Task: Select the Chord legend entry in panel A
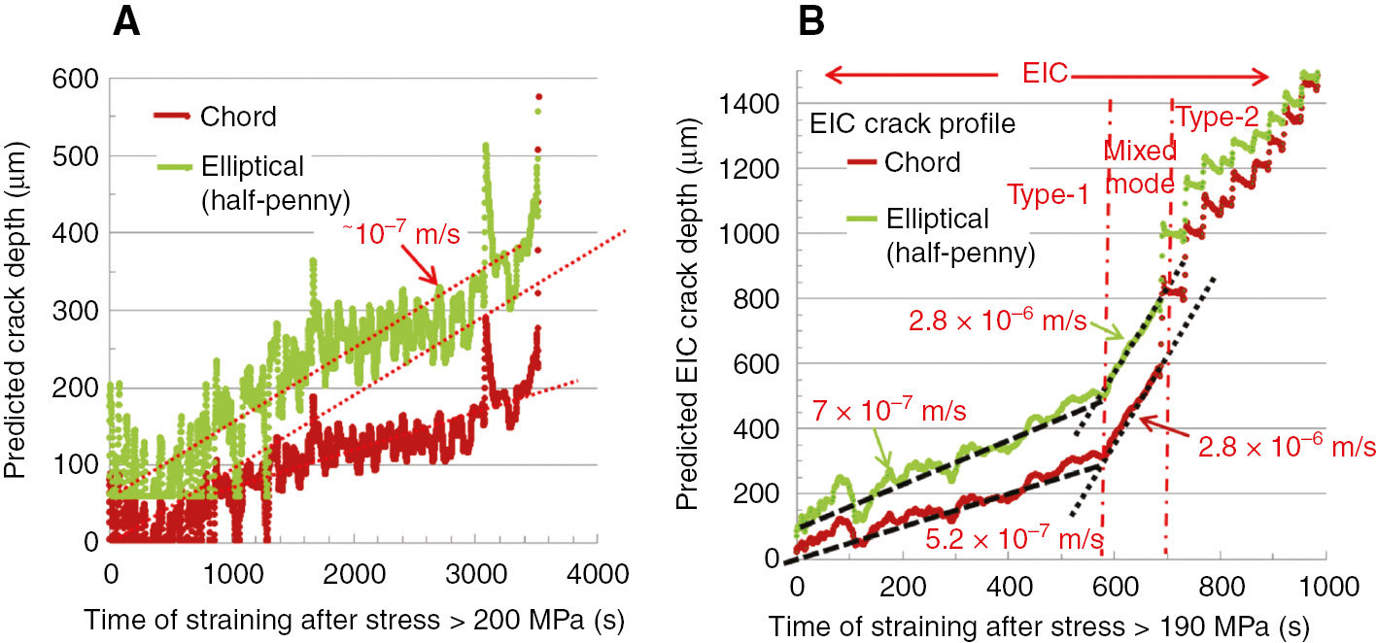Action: [238, 118]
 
